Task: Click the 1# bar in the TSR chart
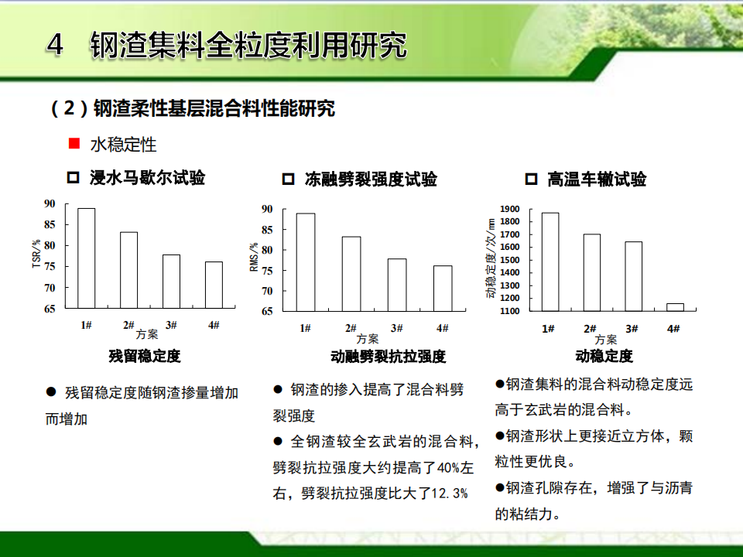(86, 258)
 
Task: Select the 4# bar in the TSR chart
(214, 285)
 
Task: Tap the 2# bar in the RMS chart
(351, 274)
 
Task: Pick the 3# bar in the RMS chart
(397, 285)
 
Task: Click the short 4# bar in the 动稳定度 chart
(675, 307)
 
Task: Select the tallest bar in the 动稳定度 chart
(550, 262)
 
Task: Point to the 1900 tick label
(510, 209)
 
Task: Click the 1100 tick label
(510, 311)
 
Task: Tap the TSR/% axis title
(36, 254)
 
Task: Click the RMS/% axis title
(254, 257)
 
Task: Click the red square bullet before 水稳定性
(74, 143)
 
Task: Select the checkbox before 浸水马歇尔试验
(73, 178)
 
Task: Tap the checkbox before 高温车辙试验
(531, 179)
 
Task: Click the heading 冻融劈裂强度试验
(371, 179)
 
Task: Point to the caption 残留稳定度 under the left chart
(145, 356)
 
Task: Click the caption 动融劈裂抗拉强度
(388, 356)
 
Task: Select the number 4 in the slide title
(55, 45)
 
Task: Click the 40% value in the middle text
(448, 468)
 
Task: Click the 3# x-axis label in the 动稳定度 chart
(632, 329)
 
